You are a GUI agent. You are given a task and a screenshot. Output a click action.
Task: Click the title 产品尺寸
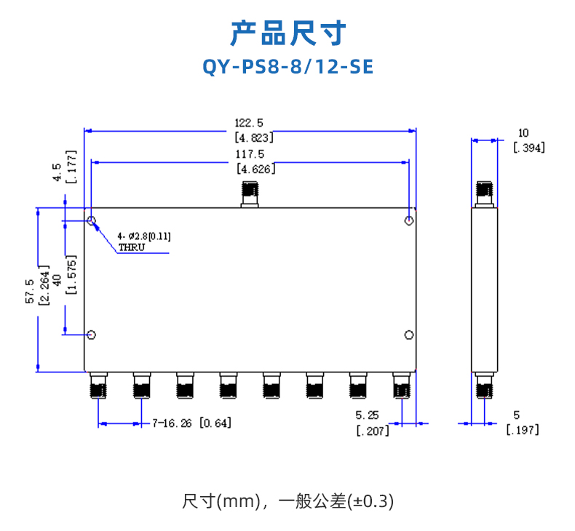pyautogui.click(x=287, y=33)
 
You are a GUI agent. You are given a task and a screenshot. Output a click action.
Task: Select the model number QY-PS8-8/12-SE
pyautogui.click(x=287, y=68)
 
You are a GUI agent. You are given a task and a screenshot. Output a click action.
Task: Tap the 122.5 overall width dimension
pyautogui.click(x=249, y=123)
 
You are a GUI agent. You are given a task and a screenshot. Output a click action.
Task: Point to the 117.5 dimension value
pyautogui.click(x=249, y=154)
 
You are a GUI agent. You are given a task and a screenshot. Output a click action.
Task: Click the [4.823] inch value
pyautogui.click(x=253, y=137)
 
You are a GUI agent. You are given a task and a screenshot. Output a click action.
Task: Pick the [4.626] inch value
pyautogui.click(x=255, y=169)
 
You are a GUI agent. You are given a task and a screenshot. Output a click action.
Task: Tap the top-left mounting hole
pyautogui.click(x=92, y=220)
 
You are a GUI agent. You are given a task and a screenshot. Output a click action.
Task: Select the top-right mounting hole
pyautogui.click(x=410, y=220)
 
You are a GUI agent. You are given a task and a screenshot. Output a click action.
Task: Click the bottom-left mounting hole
pyautogui.click(x=92, y=335)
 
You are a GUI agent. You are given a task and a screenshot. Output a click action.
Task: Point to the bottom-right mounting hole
pyautogui.click(x=410, y=335)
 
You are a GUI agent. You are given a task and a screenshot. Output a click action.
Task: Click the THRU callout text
pyautogui.click(x=132, y=247)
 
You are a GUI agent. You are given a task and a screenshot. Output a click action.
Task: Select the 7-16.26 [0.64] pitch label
pyautogui.click(x=191, y=423)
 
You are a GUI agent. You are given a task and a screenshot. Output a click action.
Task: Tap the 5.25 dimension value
pyautogui.click(x=367, y=415)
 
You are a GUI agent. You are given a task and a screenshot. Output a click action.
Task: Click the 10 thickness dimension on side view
pyautogui.click(x=523, y=133)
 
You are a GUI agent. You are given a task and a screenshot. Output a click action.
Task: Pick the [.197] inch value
pyautogui.click(x=523, y=430)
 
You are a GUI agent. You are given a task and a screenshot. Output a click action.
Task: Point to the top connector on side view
pyautogui.click(x=484, y=193)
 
